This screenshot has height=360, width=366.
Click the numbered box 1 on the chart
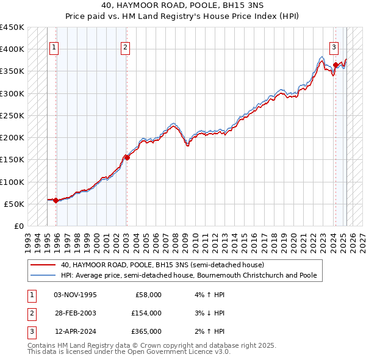click(54, 47)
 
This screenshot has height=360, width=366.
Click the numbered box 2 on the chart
click(125, 47)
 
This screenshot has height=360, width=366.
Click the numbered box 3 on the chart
click(335, 47)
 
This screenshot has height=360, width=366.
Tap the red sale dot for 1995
click(56, 200)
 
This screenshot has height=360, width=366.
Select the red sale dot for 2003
click(127, 157)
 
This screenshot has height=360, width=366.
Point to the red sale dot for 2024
click(335, 65)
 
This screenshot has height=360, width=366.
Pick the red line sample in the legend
click(44, 265)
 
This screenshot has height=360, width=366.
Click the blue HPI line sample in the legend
click(44, 275)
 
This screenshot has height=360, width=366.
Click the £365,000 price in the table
click(146, 331)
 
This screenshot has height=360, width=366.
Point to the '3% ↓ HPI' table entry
click(209, 313)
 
